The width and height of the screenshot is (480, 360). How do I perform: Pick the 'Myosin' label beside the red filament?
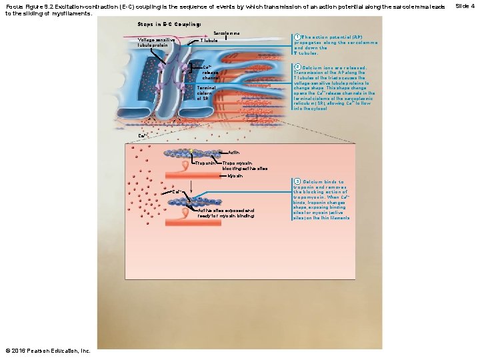235,177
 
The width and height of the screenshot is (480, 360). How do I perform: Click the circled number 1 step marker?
298,36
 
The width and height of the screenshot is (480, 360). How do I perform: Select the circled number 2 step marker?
298,67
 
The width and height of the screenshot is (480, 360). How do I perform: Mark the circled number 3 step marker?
298,181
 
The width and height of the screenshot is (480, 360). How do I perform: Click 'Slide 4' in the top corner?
465,6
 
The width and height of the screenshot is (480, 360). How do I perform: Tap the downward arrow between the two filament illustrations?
191,189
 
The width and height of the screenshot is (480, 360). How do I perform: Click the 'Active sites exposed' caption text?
226,213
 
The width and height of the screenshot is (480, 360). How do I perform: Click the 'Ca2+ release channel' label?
210,73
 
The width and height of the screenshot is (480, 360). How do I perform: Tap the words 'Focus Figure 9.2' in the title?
33,6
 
